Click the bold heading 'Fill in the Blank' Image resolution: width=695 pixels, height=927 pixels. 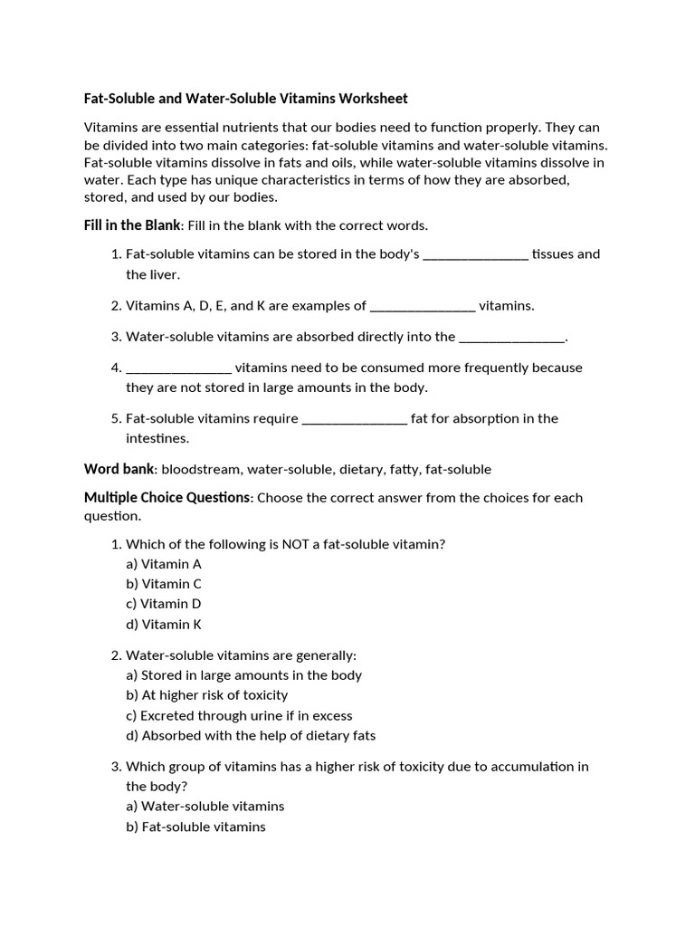pyautogui.click(x=132, y=225)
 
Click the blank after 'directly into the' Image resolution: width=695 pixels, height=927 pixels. pyautogui.click(x=511, y=337)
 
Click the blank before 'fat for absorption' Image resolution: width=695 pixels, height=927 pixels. pyautogui.click(x=354, y=418)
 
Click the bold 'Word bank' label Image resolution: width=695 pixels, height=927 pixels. pyautogui.click(x=119, y=469)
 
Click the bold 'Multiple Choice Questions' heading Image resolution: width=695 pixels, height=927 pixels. pyautogui.click(x=167, y=498)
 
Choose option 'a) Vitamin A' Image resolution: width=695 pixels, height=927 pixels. pyautogui.click(x=164, y=564)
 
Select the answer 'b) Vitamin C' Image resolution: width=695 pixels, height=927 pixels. pyautogui.click(x=164, y=584)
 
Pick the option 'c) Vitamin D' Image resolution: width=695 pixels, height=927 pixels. pyautogui.click(x=164, y=604)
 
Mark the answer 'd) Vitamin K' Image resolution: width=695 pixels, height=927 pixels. pyautogui.click(x=164, y=624)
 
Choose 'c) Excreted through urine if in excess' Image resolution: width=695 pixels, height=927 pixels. pyautogui.click(x=239, y=715)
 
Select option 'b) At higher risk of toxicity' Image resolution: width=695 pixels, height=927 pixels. pyautogui.click(x=207, y=695)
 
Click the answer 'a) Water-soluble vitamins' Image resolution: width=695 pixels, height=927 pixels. pyautogui.click(x=205, y=806)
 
